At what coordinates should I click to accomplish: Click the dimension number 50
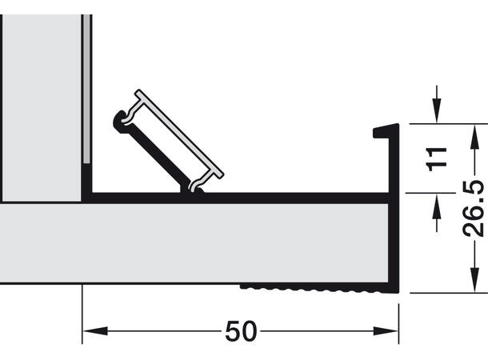(x=240, y=330)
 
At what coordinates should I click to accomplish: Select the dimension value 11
(x=436, y=158)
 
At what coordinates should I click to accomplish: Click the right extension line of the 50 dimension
(x=399, y=316)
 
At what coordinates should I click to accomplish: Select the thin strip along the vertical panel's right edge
(x=86, y=88)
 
